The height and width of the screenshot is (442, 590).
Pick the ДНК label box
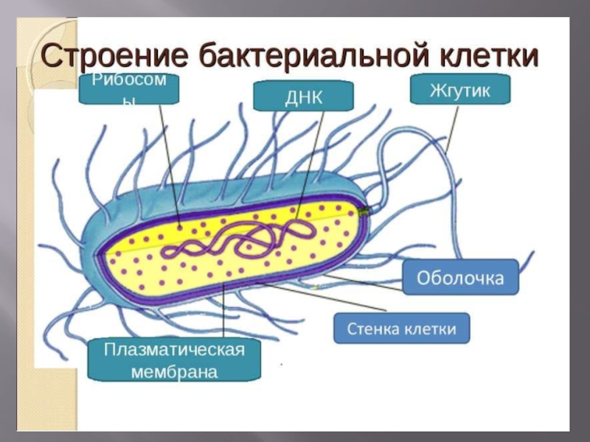tap(304, 97)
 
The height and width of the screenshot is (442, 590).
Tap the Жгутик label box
tap(460, 91)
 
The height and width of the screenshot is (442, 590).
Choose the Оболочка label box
tap(461, 278)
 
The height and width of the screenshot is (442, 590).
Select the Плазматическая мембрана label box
tap(175, 359)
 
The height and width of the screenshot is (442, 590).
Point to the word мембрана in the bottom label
tap(174, 371)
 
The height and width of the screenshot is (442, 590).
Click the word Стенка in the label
tap(375, 328)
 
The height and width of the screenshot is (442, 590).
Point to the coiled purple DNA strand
tap(236, 239)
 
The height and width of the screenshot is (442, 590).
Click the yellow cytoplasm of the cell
tap(147, 265)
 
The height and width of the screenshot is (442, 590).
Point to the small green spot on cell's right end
tap(363, 211)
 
